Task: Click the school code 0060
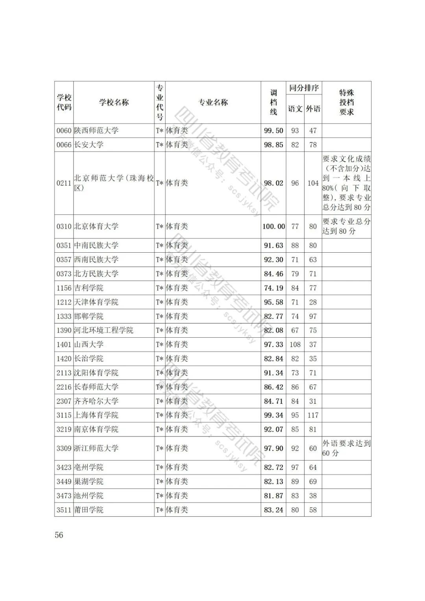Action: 64,131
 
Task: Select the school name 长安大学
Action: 89,145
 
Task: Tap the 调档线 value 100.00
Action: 273,226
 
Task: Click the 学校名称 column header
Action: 114,102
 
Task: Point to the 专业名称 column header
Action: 213,102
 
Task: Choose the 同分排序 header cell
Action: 304,88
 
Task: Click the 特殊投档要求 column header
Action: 346,102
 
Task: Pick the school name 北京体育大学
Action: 96,226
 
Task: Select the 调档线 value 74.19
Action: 273,288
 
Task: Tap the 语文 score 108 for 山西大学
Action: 295,345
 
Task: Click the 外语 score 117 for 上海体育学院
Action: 313,415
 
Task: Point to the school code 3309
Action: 64,448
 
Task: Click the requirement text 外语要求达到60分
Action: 346,448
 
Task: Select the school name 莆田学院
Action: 89,510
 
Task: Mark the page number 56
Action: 59,535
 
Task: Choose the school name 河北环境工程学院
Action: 104,331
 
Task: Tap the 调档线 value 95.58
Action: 273,302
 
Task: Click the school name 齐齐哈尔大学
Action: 96,401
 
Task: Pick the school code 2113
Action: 64,373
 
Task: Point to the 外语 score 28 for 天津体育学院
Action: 313,302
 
